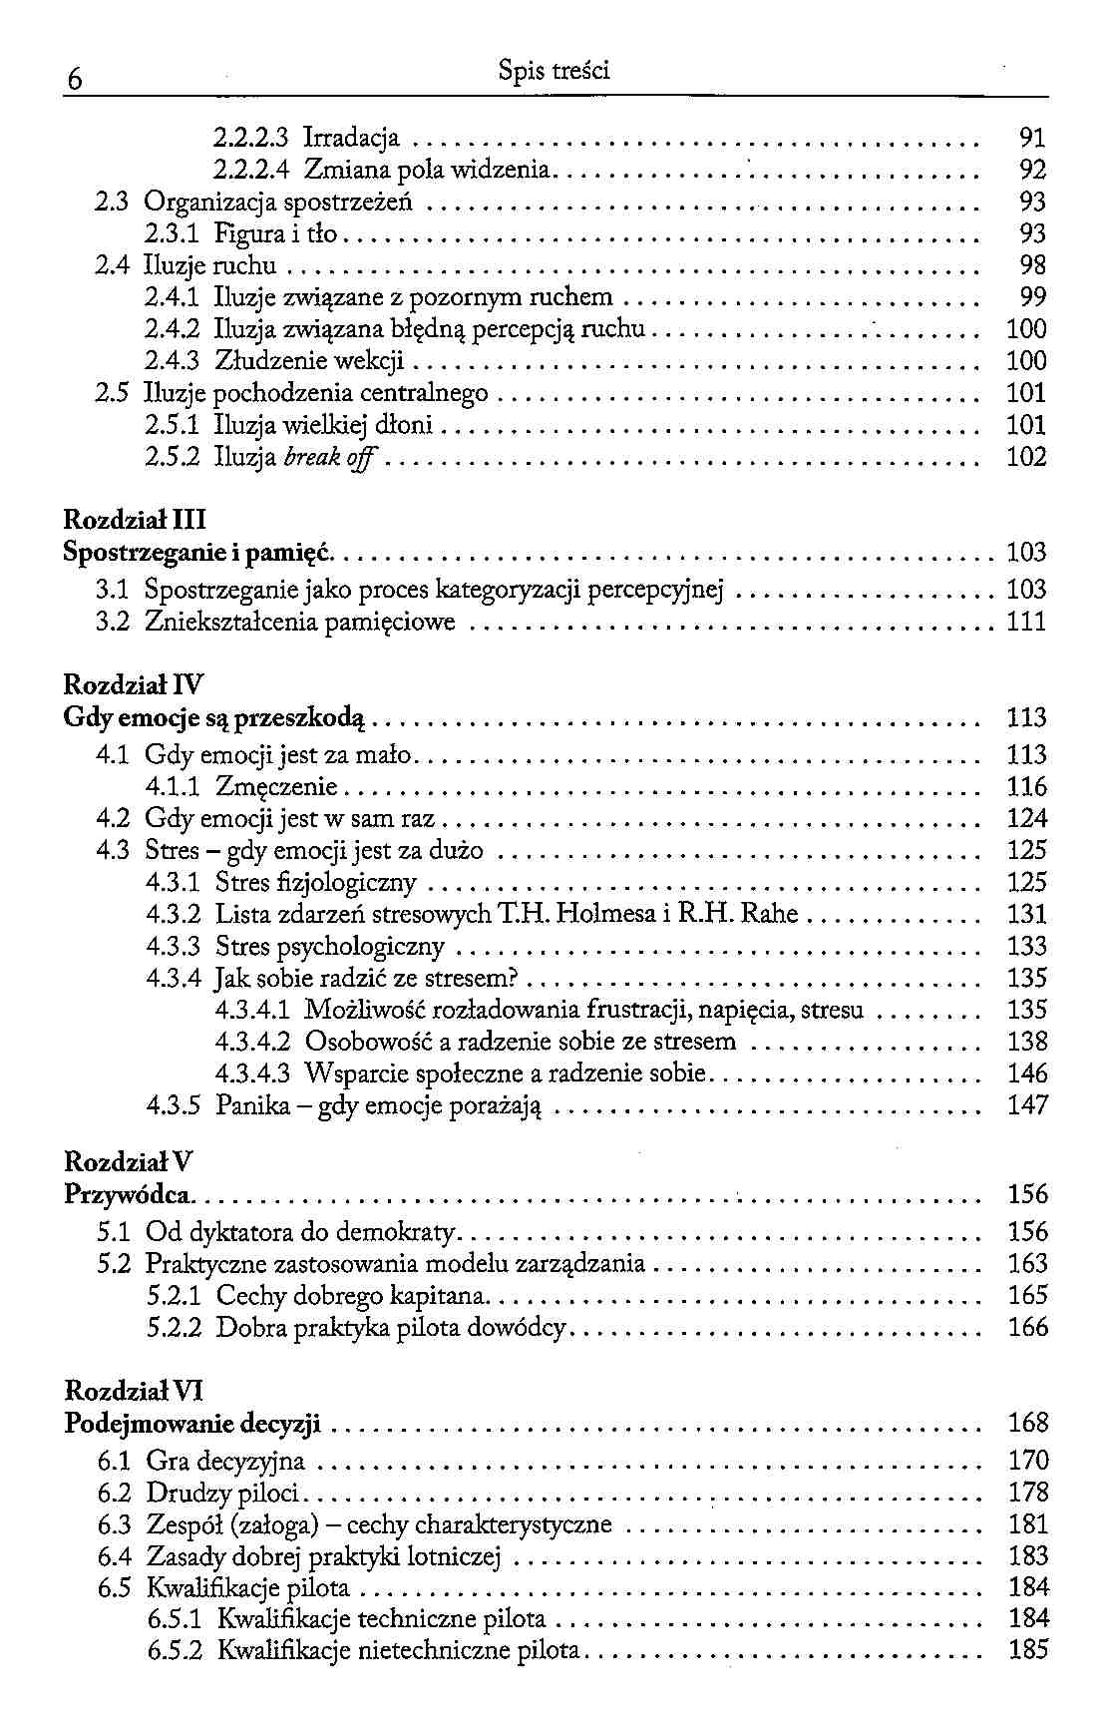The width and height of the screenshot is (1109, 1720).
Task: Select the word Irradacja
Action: (352, 138)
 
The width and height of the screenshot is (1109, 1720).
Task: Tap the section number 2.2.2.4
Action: (251, 170)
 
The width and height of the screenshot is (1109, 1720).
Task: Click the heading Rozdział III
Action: (135, 520)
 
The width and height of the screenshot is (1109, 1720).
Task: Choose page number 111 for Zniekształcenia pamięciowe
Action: (1026, 623)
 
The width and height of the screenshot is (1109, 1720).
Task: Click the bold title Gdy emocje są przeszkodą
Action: (214, 718)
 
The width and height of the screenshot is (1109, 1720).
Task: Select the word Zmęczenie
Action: (277, 787)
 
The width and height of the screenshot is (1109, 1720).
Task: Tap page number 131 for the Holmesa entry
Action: (1027, 915)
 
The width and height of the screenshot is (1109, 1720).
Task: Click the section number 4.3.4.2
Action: (252, 1043)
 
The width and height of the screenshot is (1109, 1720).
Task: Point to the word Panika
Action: (252, 1106)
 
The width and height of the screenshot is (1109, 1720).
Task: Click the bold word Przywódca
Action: (128, 1195)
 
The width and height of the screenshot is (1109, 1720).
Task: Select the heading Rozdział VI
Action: (134, 1391)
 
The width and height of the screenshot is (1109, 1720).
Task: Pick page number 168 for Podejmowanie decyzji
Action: (1028, 1424)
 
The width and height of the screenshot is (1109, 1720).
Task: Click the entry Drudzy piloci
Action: (222, 1494)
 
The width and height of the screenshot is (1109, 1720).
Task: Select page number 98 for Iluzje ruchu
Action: (1033, 266)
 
